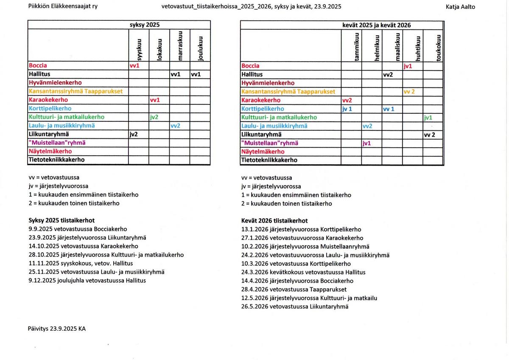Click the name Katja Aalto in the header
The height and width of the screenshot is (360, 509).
coord(461,7)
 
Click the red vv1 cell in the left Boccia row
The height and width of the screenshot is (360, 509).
coord(134,66)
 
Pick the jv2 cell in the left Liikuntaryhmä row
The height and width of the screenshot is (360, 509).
coord(134,134)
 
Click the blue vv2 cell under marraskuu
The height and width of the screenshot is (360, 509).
coord(175,126)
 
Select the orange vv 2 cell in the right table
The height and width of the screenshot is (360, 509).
coord(409,92)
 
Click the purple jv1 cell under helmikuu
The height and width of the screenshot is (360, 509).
coord(367,143)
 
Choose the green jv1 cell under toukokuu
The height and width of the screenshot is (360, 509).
coord(428,118)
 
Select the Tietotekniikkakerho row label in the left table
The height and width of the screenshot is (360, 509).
coord(56,160)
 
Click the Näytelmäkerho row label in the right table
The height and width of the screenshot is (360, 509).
coord(263,152)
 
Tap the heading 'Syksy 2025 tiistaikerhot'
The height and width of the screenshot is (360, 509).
coord(62,220)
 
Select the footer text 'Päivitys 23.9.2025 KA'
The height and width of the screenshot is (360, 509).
coord(57,329)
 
